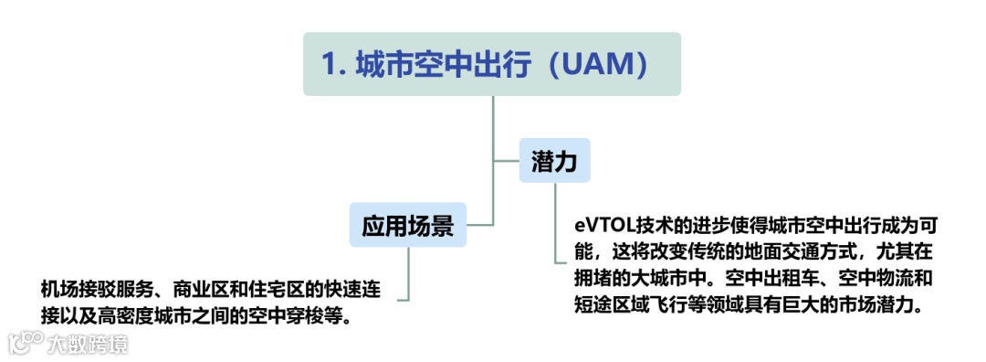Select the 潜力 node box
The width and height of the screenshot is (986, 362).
click(x=554, y=161)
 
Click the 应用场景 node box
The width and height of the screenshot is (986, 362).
click(x=407, y=225)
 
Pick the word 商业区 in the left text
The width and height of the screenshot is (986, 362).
click(x=207, y=290)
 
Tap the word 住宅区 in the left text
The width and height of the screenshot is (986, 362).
click(x=285, y=290)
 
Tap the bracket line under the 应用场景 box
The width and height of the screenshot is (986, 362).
click(x=408, y=274)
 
